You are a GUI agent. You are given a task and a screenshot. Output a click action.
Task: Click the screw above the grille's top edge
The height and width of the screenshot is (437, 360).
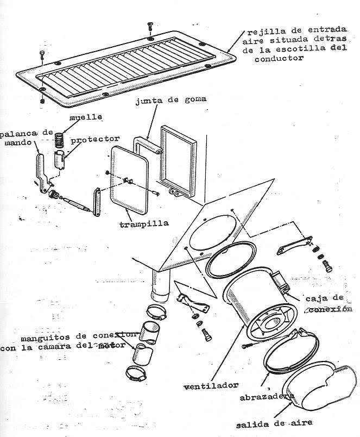149,27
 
